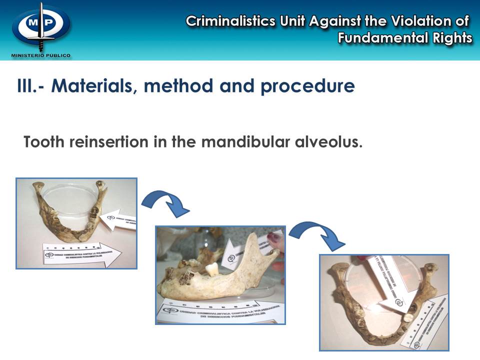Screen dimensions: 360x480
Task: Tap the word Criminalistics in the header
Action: pyautogui.click(x=230, y=21)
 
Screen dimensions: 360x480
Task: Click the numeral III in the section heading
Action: pyautogui.click(x=25, y=86)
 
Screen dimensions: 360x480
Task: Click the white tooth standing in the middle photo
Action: pyautogui.click(x=211, y=269)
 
